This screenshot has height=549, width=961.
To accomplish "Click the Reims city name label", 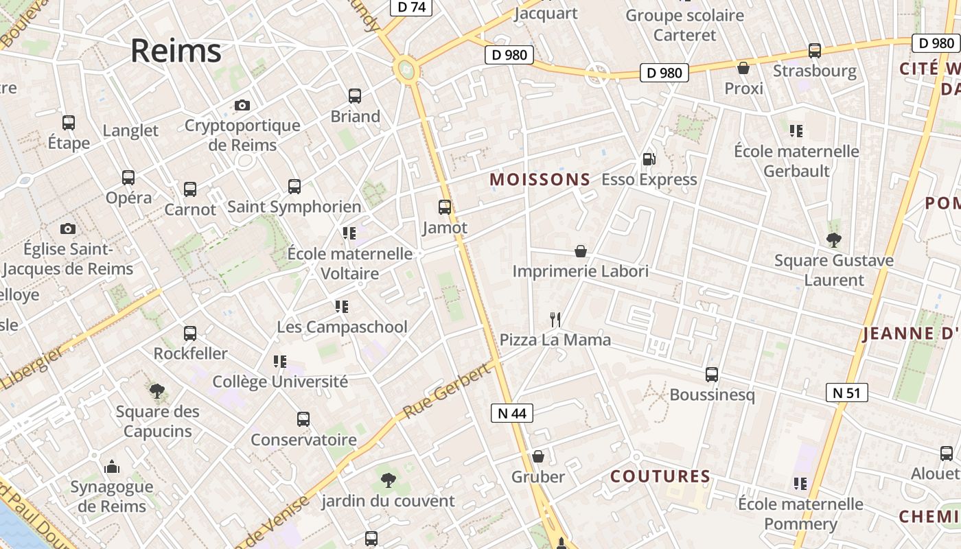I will click(x=176, y=51).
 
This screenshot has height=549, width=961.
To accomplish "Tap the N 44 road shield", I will click(x=512, y=412).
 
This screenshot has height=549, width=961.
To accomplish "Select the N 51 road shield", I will click(x=847, y=393).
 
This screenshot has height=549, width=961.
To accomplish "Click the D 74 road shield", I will click(x=411, y=7).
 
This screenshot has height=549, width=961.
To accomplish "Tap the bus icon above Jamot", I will click(x=445, y=207).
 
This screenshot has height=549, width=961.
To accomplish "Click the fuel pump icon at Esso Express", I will click(x=649, y=159).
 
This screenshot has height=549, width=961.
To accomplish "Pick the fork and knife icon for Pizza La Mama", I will click(x=555, y=319).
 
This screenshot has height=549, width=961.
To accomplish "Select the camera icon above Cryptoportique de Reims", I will click(x=242, y=105).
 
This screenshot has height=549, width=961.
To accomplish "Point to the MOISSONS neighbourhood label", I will click(x=540, y=180).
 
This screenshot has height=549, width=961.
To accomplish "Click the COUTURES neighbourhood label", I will click(x=660, y=476).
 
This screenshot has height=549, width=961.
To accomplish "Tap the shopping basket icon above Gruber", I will click(x=538, y=456).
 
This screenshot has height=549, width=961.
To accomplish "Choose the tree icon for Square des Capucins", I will click(x=157, y=391).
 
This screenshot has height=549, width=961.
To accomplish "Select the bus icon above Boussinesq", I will click(x=712, y=375).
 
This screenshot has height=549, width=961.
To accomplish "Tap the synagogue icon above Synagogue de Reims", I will click(x=112, y=467).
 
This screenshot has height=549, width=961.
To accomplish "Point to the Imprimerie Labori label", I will click(x=580, y=271).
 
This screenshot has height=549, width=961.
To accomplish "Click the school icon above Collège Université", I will click(x=280, y=361).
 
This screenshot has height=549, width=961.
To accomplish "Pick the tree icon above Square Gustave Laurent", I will click(x=834, y=240).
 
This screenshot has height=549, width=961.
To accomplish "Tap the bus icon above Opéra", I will click(x=128, y=178).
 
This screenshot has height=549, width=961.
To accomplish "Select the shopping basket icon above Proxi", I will click(x=743, y=68).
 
